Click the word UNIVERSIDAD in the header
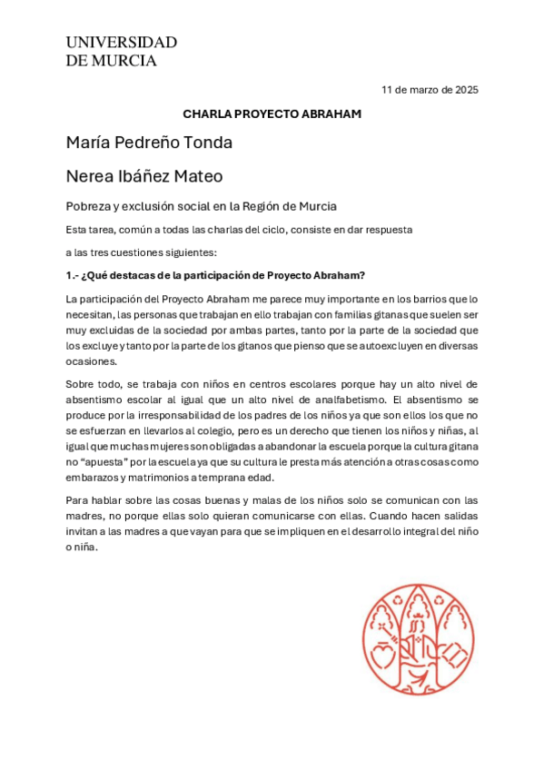point(121,43)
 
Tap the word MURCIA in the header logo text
point(124,61)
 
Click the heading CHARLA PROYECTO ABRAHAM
point(272,114)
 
